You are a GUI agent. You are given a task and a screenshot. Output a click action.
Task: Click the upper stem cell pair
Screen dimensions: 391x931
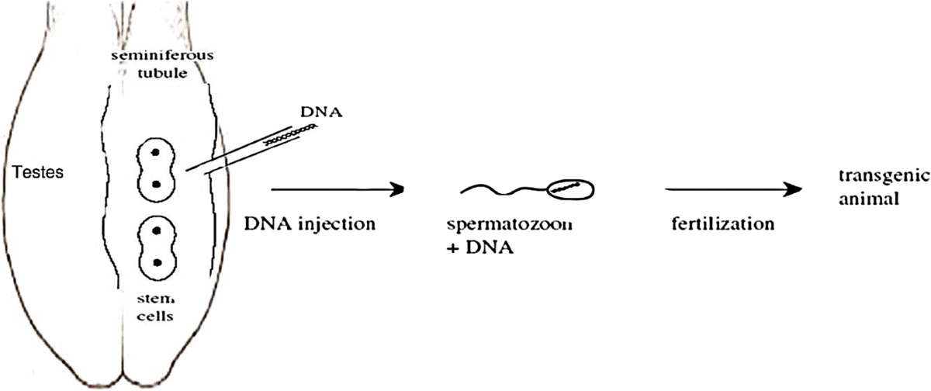tap(157, 168)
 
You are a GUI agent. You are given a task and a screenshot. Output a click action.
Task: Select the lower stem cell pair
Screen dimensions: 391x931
tap(157, 247)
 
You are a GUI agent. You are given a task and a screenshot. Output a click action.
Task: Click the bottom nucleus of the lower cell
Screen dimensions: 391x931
tap(157, 263)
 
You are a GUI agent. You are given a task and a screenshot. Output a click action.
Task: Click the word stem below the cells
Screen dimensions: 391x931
tap(159, 299)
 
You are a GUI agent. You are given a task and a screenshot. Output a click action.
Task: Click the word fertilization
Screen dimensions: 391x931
tap(722, 224)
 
